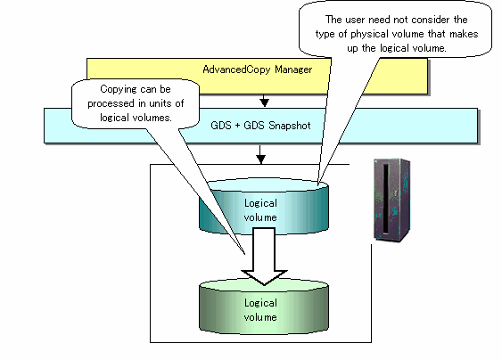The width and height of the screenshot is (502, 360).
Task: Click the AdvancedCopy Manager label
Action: click(x=258, y=70)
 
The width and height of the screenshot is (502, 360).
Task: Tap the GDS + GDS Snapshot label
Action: click(x=260, y=126)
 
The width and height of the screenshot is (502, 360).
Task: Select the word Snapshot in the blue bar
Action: click(x=290, y=126)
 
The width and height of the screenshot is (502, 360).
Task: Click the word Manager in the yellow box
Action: click(x=293, y=70)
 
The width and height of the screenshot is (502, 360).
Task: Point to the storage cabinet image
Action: click(x=392, y=200)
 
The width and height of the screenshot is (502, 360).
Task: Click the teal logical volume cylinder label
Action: click(x=260, y=210)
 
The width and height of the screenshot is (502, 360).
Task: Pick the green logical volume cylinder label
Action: click(x=260, y=310)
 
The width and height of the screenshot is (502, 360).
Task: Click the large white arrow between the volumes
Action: click(x=264, y=256)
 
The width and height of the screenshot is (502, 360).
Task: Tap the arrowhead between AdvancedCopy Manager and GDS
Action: click(x=264, y=102)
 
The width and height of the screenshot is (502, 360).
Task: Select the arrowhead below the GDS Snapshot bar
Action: click(x=260, y=159)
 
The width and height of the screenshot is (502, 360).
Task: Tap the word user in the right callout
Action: click(x=356, y=20)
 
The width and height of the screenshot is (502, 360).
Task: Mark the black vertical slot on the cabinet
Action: click(x=386, y=199)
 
